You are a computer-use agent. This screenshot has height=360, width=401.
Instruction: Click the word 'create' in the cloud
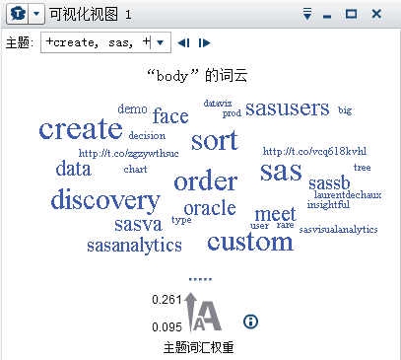[x=81, y=129]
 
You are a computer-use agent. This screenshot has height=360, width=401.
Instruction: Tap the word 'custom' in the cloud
[x=249, y=241]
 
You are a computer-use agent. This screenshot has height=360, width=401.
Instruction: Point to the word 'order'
[x=205, y=181]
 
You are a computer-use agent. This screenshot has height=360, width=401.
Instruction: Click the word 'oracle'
[x=210, y=208]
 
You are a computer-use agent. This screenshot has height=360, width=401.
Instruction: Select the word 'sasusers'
[x=288, y=108]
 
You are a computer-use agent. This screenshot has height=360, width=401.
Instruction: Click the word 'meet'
[x=275, y=214]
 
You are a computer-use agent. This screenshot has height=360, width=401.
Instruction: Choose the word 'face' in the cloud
[x=170, y=116]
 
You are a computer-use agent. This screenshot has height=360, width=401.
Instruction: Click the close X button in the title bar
[x=376, y=14]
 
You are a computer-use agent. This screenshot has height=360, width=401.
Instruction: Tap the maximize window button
[x=352, y=14]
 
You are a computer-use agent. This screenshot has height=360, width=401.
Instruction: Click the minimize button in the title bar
[x=329, y=15]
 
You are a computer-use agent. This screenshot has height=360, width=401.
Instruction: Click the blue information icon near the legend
[x=250, y=322]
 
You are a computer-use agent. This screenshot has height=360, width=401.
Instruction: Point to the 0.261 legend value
[x=167, y=299]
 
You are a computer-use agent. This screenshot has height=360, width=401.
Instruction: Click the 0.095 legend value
[x=167, y=326]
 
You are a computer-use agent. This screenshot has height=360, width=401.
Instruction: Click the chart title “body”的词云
[x=200, y=75]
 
